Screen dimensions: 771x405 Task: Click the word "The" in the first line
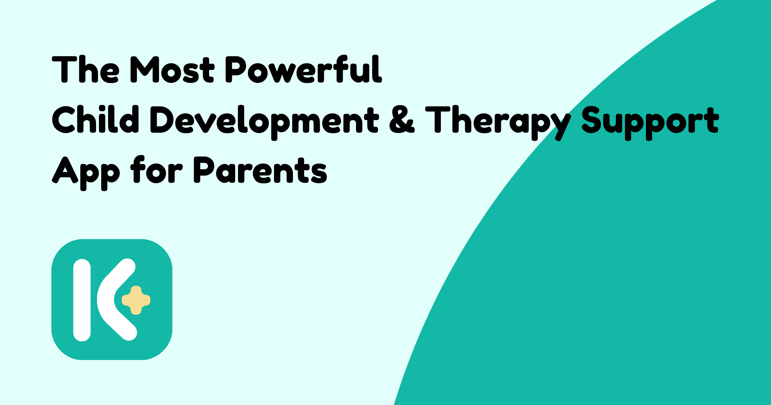click(86, 69)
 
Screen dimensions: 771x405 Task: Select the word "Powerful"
click(304, 69)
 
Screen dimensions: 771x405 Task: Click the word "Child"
click(95, 119)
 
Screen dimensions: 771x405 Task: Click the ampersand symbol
click(402, 120)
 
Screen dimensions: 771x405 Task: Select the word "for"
click(156, 169)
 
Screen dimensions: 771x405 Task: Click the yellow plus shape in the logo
click(136, 300)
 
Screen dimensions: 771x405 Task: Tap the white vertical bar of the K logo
click(82, 300)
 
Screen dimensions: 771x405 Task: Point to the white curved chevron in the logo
click(105, 300)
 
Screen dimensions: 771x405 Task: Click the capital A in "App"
click(65, 170)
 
